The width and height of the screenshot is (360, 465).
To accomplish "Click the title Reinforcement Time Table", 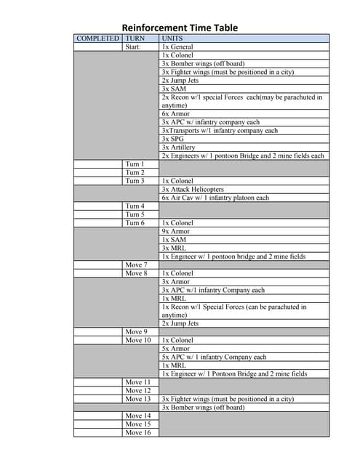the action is tap(180, 28).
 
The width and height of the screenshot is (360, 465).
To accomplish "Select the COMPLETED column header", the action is tap(97, 38).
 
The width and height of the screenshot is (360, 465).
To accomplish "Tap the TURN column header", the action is tap(135, 38).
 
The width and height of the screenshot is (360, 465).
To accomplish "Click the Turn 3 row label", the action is tap(135, 181).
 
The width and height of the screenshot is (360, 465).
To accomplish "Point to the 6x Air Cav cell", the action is tap(215, 198).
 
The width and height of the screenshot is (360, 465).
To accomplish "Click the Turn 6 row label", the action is tap(135, 223).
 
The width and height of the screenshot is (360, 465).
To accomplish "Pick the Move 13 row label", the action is tap(137, 399).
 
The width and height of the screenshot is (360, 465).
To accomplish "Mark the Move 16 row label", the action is tap(137, 432).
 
